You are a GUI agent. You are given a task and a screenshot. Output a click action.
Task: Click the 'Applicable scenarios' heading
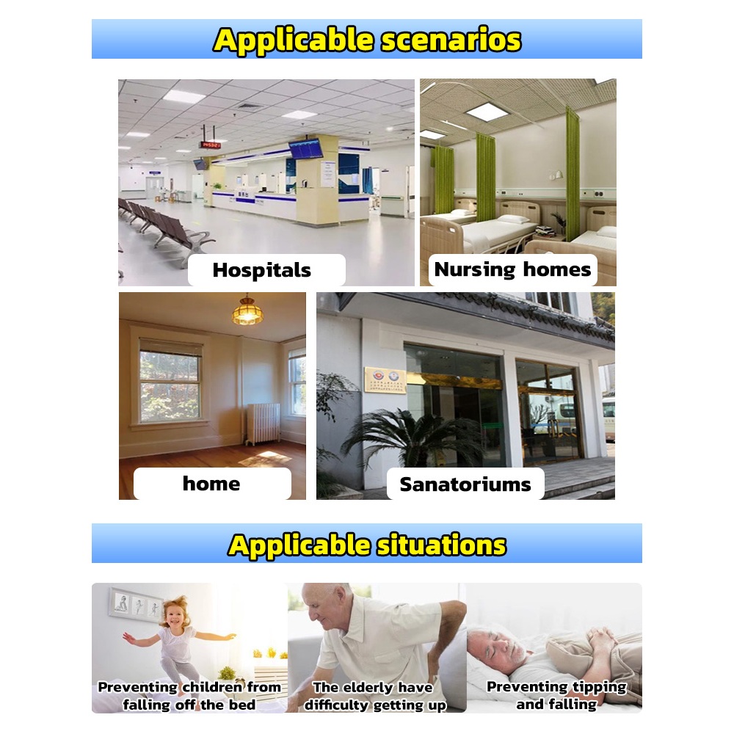coord(367,40)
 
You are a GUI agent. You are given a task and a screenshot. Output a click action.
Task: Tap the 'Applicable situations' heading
coord(367,545)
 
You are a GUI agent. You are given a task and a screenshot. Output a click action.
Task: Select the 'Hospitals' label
coord(262,270)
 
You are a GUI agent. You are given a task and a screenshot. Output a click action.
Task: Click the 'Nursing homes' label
coord(512,269)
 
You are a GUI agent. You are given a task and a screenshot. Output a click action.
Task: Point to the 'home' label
coord(211,484)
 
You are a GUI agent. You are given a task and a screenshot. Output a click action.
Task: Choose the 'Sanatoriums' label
coord(465,484)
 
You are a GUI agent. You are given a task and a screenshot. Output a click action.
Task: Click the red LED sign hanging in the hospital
coord(210,144)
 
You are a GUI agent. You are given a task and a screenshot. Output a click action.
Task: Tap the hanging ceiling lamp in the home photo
coord(247,310)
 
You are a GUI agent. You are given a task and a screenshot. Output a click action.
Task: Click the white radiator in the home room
coord(264,424)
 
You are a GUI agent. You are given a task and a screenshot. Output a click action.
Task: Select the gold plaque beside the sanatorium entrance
coord(385,379)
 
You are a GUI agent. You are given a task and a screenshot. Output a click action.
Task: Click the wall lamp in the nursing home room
coord(556,175)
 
